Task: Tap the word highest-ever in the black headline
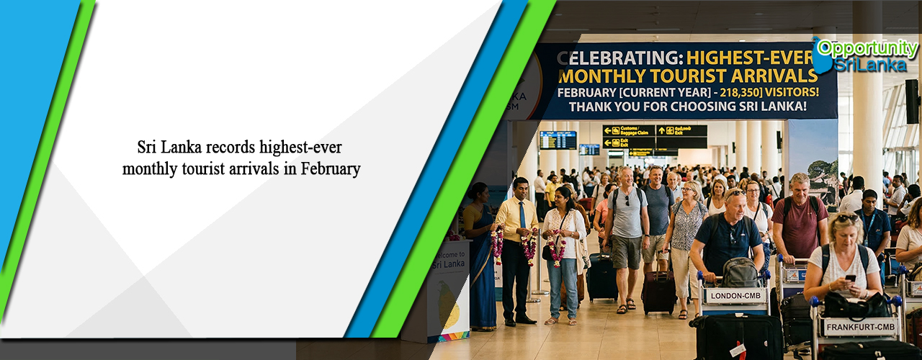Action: pyautogui.click(x=303, y=148)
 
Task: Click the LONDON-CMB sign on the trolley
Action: pyautogui.click(x=735, y=295)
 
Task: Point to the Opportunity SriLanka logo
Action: pyautogui.click(x=864, y=55)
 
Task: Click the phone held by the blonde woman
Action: pyautogui.click(x=850, y=278)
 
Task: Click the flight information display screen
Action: pyautogui.click(x=558, y=140)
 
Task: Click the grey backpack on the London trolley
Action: pyautogui.click(x=740, y=272)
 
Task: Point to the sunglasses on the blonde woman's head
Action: pyautogui.click(x=847, y=217)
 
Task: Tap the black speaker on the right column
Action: pyautogui.click(x=912, y=101)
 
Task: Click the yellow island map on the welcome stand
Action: pyautogui.click(x=449, y=305)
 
